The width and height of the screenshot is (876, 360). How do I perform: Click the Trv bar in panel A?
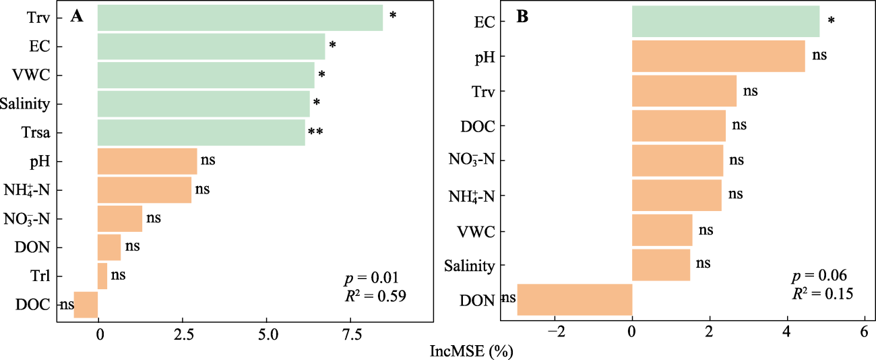240,18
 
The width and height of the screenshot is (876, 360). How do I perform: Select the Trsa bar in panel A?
201,133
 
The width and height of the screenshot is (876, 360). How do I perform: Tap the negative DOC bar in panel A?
86,305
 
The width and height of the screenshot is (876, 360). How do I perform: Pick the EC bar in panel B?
725,22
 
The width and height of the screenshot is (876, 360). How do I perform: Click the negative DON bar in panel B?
574,299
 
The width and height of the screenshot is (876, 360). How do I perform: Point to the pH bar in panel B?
718,56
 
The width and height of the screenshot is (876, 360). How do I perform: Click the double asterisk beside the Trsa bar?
315,133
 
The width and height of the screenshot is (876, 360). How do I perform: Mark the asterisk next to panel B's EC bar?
831,22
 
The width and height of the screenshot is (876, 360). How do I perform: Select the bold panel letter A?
77,17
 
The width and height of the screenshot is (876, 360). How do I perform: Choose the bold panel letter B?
522,17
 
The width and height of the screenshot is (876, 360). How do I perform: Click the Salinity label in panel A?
26,104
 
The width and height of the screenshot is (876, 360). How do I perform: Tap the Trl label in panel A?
38,276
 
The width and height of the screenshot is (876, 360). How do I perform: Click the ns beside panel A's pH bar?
208,161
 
